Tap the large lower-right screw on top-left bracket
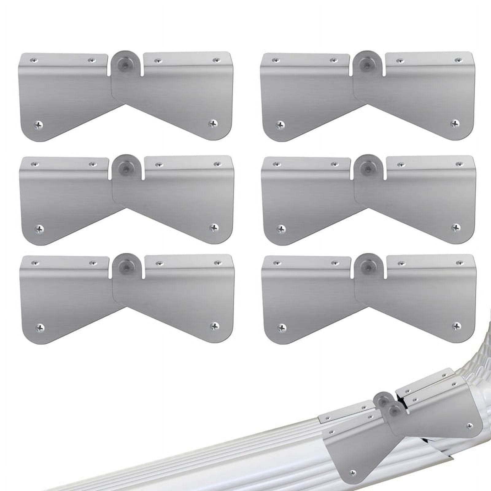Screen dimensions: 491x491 212,123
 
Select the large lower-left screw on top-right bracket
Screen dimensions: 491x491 280,125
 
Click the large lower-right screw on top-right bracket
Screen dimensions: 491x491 454,123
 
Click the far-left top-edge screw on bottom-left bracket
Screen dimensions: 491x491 35,263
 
